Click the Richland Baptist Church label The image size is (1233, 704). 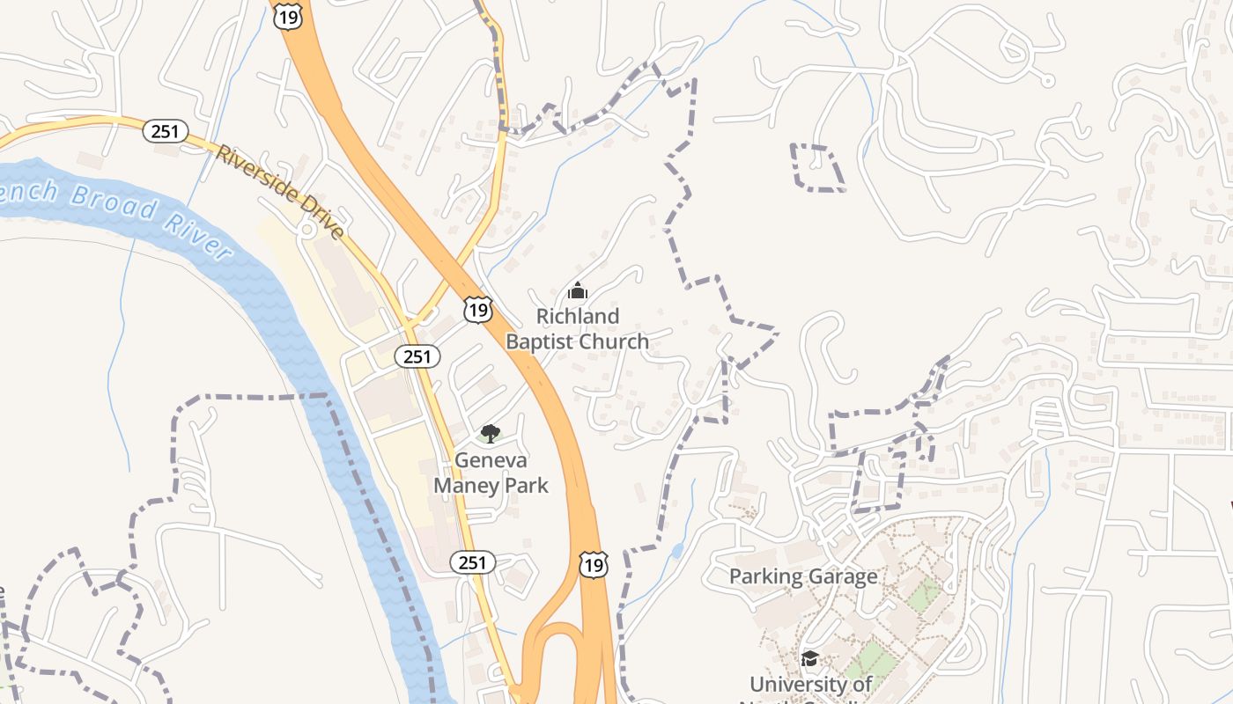[577, 328]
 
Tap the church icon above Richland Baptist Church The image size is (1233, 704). [577, 290]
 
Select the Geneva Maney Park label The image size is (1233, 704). [491, 473]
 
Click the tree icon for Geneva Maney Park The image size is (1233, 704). [491, 433]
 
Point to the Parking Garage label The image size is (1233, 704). [803, 576]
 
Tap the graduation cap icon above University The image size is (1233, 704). [809, 658]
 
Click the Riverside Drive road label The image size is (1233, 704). [280, 192]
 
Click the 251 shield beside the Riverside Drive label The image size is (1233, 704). [165, 132]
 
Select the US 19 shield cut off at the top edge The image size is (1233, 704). [288, 15]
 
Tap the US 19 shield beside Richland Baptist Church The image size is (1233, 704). [478, 309]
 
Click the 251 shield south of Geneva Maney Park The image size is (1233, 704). [472, 562]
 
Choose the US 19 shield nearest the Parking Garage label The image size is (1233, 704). [594, 564]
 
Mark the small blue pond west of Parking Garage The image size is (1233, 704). [676, 552]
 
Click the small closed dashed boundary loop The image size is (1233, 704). [817, 167]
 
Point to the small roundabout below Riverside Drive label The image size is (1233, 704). [307, 230]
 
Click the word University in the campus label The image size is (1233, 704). [810, 684]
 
